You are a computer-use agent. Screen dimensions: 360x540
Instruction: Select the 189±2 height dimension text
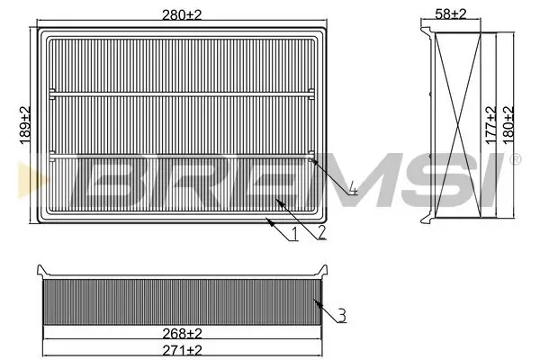[26, 127]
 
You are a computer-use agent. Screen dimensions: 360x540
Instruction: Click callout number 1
[293, 236]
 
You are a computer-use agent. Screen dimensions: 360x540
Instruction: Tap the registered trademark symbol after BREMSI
[514, 160]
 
